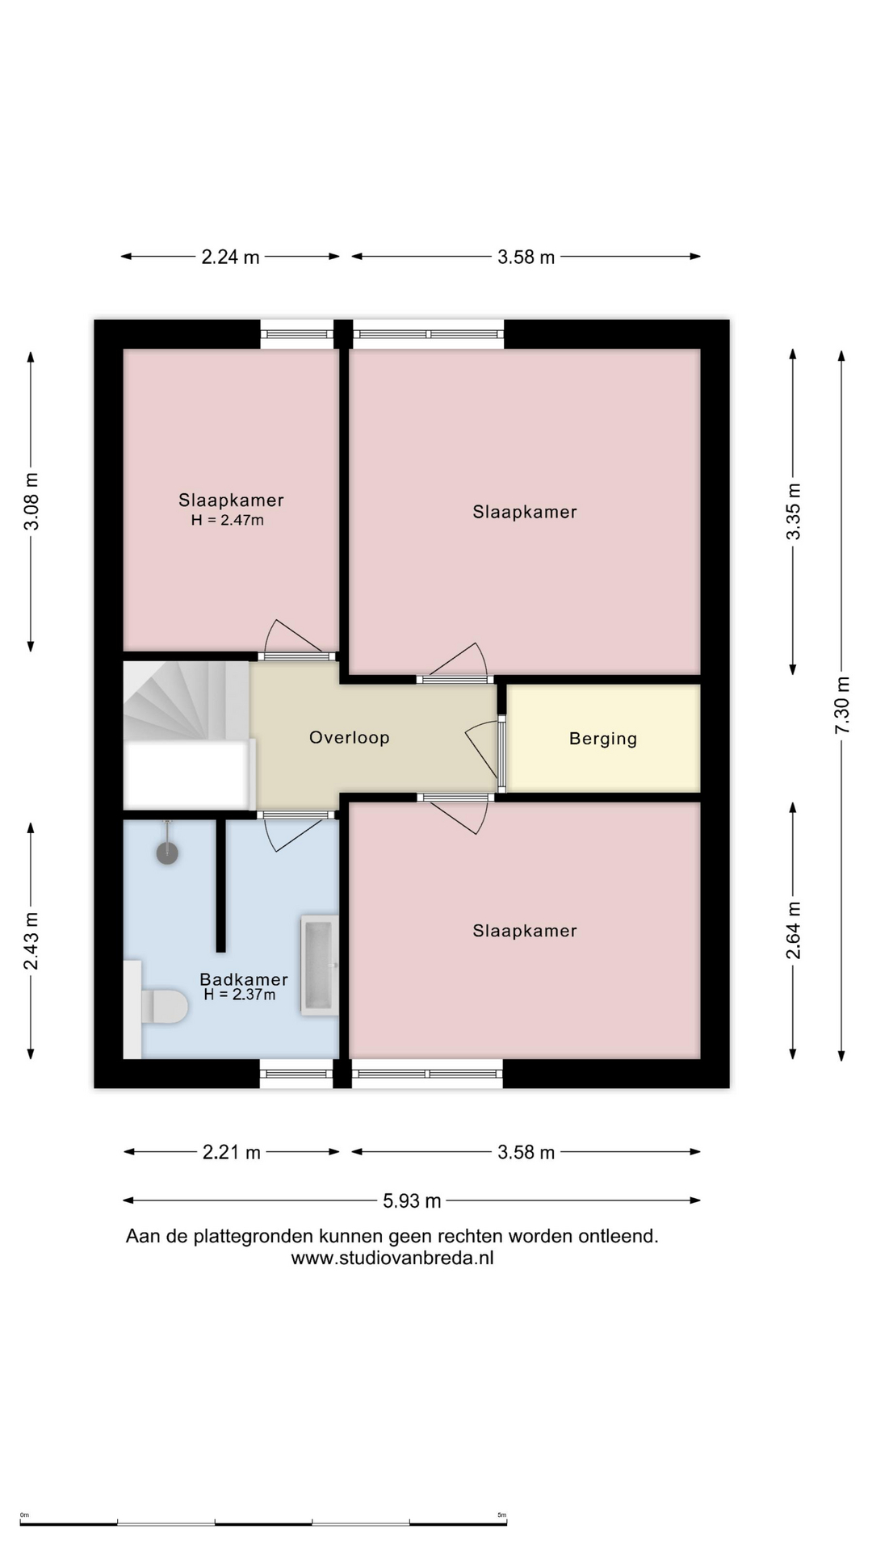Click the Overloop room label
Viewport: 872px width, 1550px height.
pos(350,737)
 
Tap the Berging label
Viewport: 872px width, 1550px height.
pos(603,739)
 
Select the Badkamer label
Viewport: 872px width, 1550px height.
pos(244,979)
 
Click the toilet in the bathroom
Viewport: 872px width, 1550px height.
pos(165,1007)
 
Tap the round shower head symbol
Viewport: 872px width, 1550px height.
pos(167,853)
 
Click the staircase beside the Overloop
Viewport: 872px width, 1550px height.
pos(186,699)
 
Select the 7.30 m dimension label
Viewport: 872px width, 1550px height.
pos(842,705)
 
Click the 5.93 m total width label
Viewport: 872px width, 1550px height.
pos(412,1200)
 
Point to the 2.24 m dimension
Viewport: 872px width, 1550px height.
pos(231,257)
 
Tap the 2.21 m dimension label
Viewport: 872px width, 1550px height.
pos(232,1152)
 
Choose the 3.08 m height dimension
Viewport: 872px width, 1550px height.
pos(31,501)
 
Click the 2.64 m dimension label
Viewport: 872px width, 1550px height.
pos(794,930)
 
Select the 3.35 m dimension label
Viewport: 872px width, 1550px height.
pos(794,511)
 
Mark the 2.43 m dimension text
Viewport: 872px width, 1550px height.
pos(31,941)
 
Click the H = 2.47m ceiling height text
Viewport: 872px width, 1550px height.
pos(228,520)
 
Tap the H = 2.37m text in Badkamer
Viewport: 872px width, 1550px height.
pos(240,995)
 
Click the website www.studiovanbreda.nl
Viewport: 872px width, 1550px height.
pos(392,1258)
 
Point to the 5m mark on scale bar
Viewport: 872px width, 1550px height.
pos(501,1515)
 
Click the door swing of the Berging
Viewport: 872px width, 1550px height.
pos(481,747)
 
